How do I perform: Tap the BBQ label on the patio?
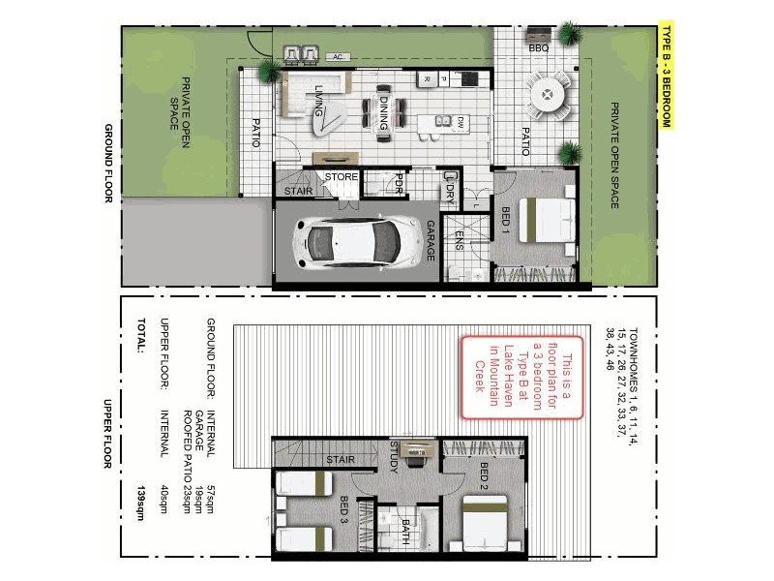539,46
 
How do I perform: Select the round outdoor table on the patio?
549,96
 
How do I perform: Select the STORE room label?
341,177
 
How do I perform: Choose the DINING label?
383,111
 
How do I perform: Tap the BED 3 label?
344,508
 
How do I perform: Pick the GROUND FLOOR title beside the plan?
109,164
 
